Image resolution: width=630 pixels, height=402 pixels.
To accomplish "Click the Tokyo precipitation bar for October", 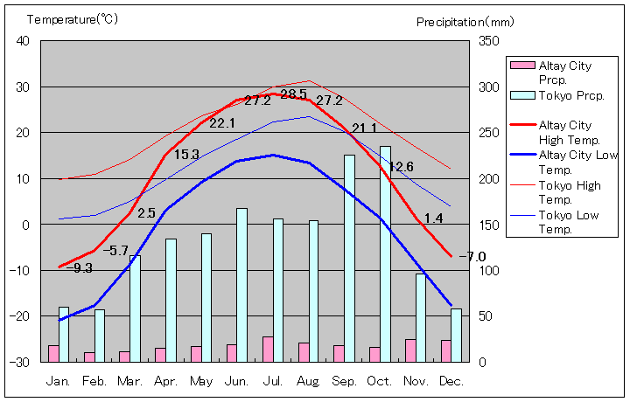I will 385,253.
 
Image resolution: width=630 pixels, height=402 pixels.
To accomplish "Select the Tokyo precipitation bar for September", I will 349,258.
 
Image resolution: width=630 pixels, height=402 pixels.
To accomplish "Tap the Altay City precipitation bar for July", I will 268,349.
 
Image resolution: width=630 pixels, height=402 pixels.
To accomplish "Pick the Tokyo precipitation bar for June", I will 241,284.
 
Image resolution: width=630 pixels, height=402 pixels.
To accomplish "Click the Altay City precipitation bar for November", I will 410,350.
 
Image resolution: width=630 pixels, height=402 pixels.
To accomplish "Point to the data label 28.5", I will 293,94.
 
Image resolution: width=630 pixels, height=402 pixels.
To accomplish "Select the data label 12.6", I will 401,167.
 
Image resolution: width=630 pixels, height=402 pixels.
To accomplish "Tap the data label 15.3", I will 186,155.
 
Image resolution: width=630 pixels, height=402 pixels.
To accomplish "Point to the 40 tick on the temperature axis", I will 23,41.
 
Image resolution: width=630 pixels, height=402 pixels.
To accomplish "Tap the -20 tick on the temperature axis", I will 20,315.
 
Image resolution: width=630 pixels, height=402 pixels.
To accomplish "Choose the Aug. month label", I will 308,382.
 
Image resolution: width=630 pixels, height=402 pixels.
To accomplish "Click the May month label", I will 200,382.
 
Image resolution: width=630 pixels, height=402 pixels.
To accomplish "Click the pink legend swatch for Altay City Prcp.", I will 521,66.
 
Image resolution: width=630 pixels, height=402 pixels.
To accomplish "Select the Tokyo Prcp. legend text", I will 566,95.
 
